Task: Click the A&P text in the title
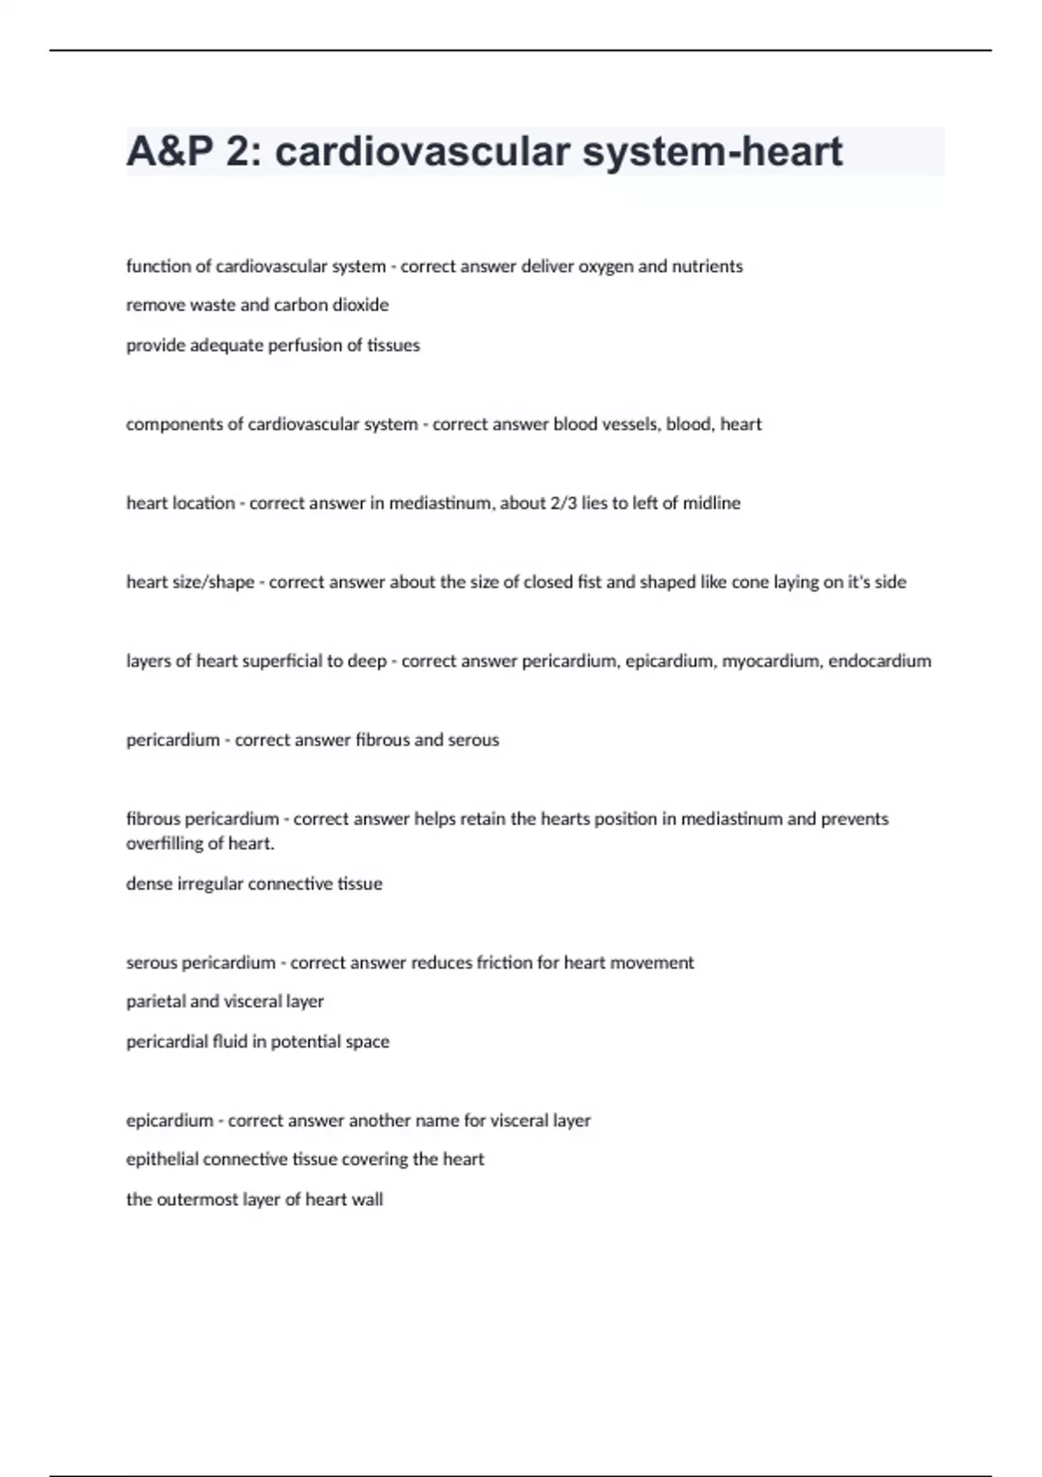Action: [x=169, y=152]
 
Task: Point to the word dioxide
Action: [x=360, y=305]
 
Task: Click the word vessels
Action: [x=628, y=425]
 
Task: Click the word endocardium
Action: [x=880, y=661]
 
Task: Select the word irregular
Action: [x=210, y=884]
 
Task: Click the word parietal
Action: [x=155, y=1002]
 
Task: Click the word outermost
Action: [x=193, y=1200]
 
